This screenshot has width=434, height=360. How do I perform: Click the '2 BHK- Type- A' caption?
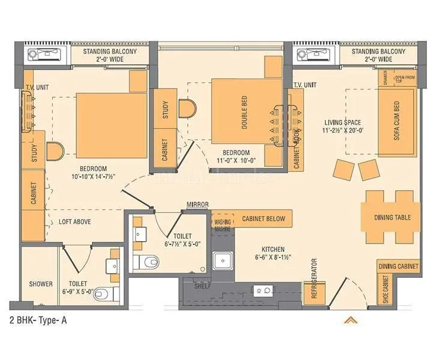(x=38, y=320)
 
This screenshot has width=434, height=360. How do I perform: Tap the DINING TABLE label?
(x=393, y=217)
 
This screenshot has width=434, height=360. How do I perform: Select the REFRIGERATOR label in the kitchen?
(x=313, y=279)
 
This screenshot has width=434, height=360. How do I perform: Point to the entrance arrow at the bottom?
(x=351, y=320)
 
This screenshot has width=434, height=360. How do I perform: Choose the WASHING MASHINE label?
(x=222, y=225)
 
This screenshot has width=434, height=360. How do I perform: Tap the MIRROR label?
(x=197, y=205)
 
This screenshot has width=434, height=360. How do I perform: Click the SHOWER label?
(x=41, y=284)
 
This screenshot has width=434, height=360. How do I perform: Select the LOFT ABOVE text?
(x=75, y=221)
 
